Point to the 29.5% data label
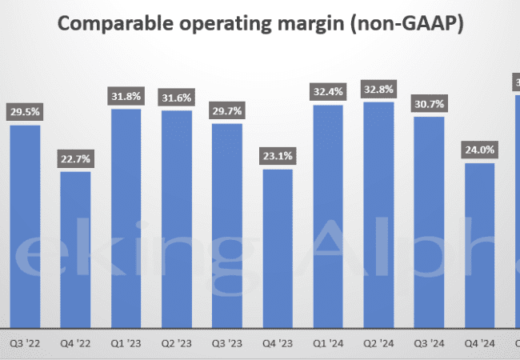click(25, 111)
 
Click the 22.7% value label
click(75, 158)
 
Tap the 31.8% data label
click(126, 96)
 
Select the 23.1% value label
click(278, 156)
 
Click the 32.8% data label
click(378, 89)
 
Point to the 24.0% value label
click(479, 150)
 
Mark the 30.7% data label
click(429, 103)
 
